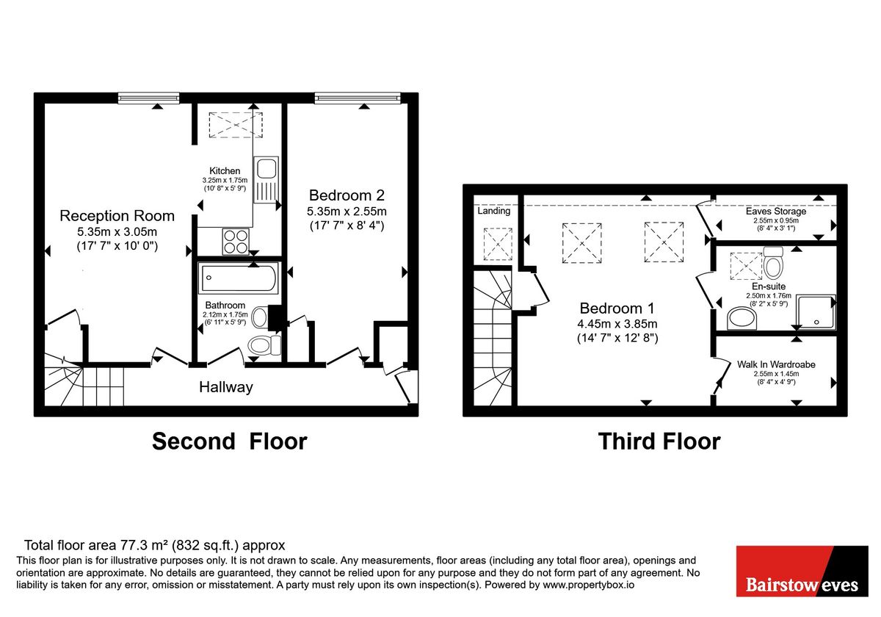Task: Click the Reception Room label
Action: (x=117, y=216)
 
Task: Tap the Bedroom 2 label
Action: (x=347, y=195)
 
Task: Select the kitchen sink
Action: (x=267, y=180)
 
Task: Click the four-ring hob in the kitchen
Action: (x=236, y=241)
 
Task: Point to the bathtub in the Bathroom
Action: (x=239, y=278)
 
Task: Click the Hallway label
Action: (x=226, y=387)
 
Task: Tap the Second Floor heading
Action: (x=230, y=441)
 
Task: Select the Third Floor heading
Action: (x=659, y=441)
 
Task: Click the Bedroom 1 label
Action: (x=617, y=308)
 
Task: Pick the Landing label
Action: (x=494, y=211)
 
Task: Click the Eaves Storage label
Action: (x=776, y=212)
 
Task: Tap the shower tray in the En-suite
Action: (x=816, y=312)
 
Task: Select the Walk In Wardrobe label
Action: (x=776, y=364)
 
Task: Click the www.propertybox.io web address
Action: (x=588, y=585)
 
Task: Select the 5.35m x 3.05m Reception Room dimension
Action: (x=117, y=232)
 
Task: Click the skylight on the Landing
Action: (x=498, y=244)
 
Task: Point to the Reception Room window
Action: (x=148, y=98)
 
